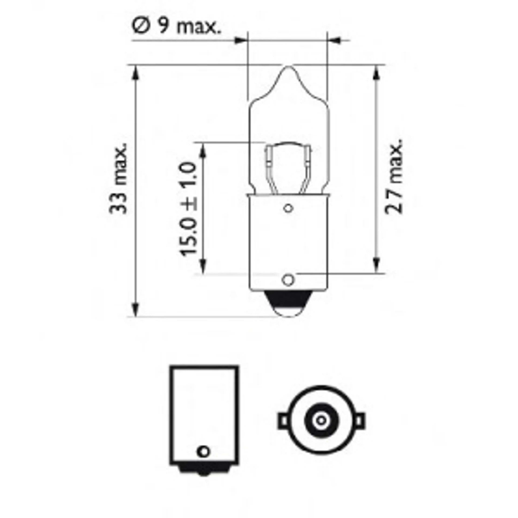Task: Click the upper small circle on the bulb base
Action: tap(288, 208)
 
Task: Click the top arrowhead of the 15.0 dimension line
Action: tap(203, 150)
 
